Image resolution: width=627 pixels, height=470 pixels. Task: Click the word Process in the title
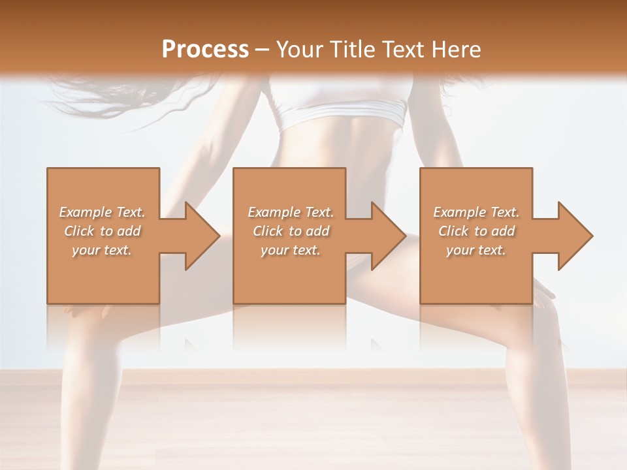click(205, 49)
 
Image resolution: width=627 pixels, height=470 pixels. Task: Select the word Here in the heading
click(457, 49)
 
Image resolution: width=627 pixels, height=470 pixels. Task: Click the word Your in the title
click(302, 49)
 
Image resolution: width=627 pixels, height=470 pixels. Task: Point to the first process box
click(103, 274)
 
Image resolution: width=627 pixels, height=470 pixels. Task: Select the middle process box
click(289, 274)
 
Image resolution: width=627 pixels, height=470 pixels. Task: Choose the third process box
click(476, 274)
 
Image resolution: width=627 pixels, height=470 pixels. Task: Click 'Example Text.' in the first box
click(103, 212)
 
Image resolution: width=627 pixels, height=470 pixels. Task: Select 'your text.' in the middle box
click(290, 250)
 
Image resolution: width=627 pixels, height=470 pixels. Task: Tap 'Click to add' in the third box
click(476, 231)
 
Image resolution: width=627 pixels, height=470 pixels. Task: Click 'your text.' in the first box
click(102, 250)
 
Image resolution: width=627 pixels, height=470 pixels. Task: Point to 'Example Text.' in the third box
click(476, 212)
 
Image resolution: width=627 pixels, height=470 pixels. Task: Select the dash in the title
click(263, 50)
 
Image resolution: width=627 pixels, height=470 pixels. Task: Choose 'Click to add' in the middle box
click(291, 231)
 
